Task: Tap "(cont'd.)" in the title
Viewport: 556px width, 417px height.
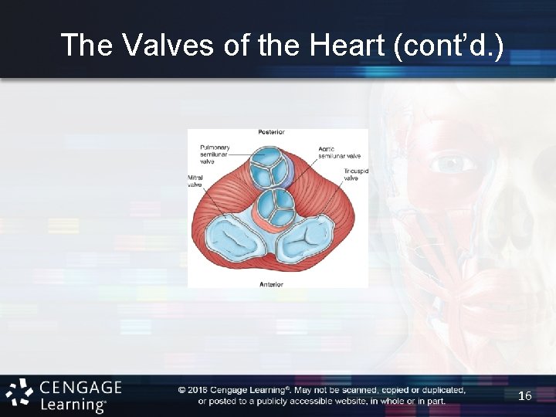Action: click(449, 46)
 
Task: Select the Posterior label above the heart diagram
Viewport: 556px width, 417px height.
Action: click(271, 133)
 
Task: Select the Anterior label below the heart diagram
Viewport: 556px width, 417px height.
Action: click(271, 284)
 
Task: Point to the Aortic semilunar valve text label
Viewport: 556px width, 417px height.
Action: click(339, 151)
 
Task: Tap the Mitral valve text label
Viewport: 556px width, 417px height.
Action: click(195, 181)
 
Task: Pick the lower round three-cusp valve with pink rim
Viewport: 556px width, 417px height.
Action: click(273, 205)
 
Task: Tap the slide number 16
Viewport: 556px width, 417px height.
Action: click(525, 395)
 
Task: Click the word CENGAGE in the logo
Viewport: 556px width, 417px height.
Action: click(80, 387)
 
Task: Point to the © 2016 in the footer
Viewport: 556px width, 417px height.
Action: click(197, 390)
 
